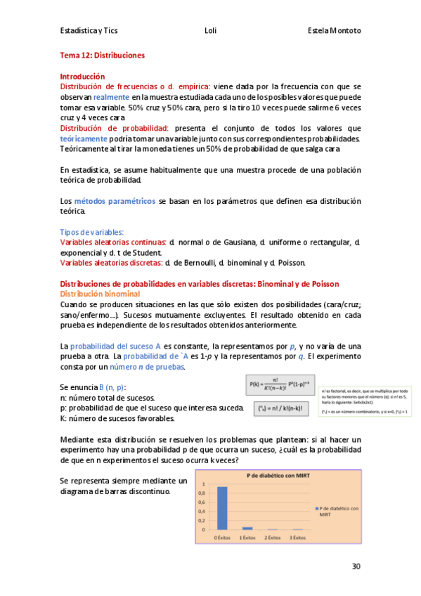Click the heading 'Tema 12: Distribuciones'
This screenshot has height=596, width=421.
(102, 55)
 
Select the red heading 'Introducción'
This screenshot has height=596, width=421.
(82, 77)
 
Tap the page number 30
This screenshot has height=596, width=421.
(356, 566)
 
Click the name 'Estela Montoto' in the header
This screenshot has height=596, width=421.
(335, 31)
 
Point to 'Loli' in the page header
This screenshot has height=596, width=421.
(210, 31)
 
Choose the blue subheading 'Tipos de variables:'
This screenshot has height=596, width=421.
(92, 232)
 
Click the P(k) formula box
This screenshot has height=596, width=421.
(277, 385)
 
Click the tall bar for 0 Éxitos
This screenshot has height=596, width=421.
(222, 507)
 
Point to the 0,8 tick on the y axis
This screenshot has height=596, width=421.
(205, 493)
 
